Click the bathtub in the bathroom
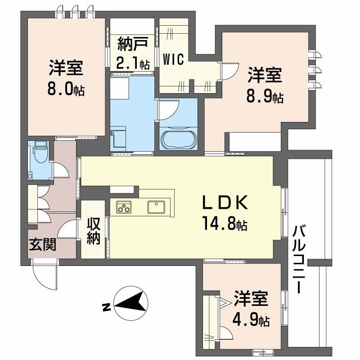coord(178,139)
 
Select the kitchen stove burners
coord(124,207)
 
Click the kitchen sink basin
coord(156,207)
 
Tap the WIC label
coord(173,60)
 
